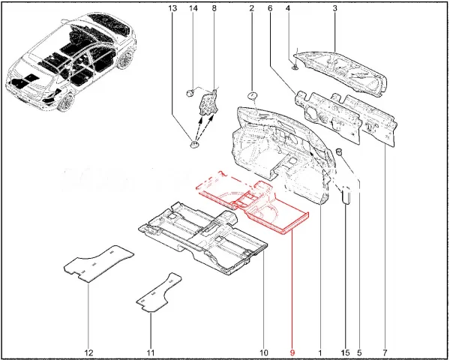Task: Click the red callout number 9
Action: point(292,352)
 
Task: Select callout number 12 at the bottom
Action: point(89,352)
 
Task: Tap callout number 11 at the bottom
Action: point(151,352)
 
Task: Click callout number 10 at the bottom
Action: point(263,352)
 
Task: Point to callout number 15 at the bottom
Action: point(346,352)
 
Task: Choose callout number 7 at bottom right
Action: point(385,352)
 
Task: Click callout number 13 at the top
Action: point(172,8)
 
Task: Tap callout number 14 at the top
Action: point(193,8)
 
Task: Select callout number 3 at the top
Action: point(335,8)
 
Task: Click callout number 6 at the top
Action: point(270,8)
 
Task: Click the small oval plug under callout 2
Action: point(252,95)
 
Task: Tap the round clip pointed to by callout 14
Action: point(190,93)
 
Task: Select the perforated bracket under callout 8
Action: point(208,102)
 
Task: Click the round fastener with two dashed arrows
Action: point(194,144)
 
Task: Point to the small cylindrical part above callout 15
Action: point(346,195)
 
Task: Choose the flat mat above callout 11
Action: point(159,292)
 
